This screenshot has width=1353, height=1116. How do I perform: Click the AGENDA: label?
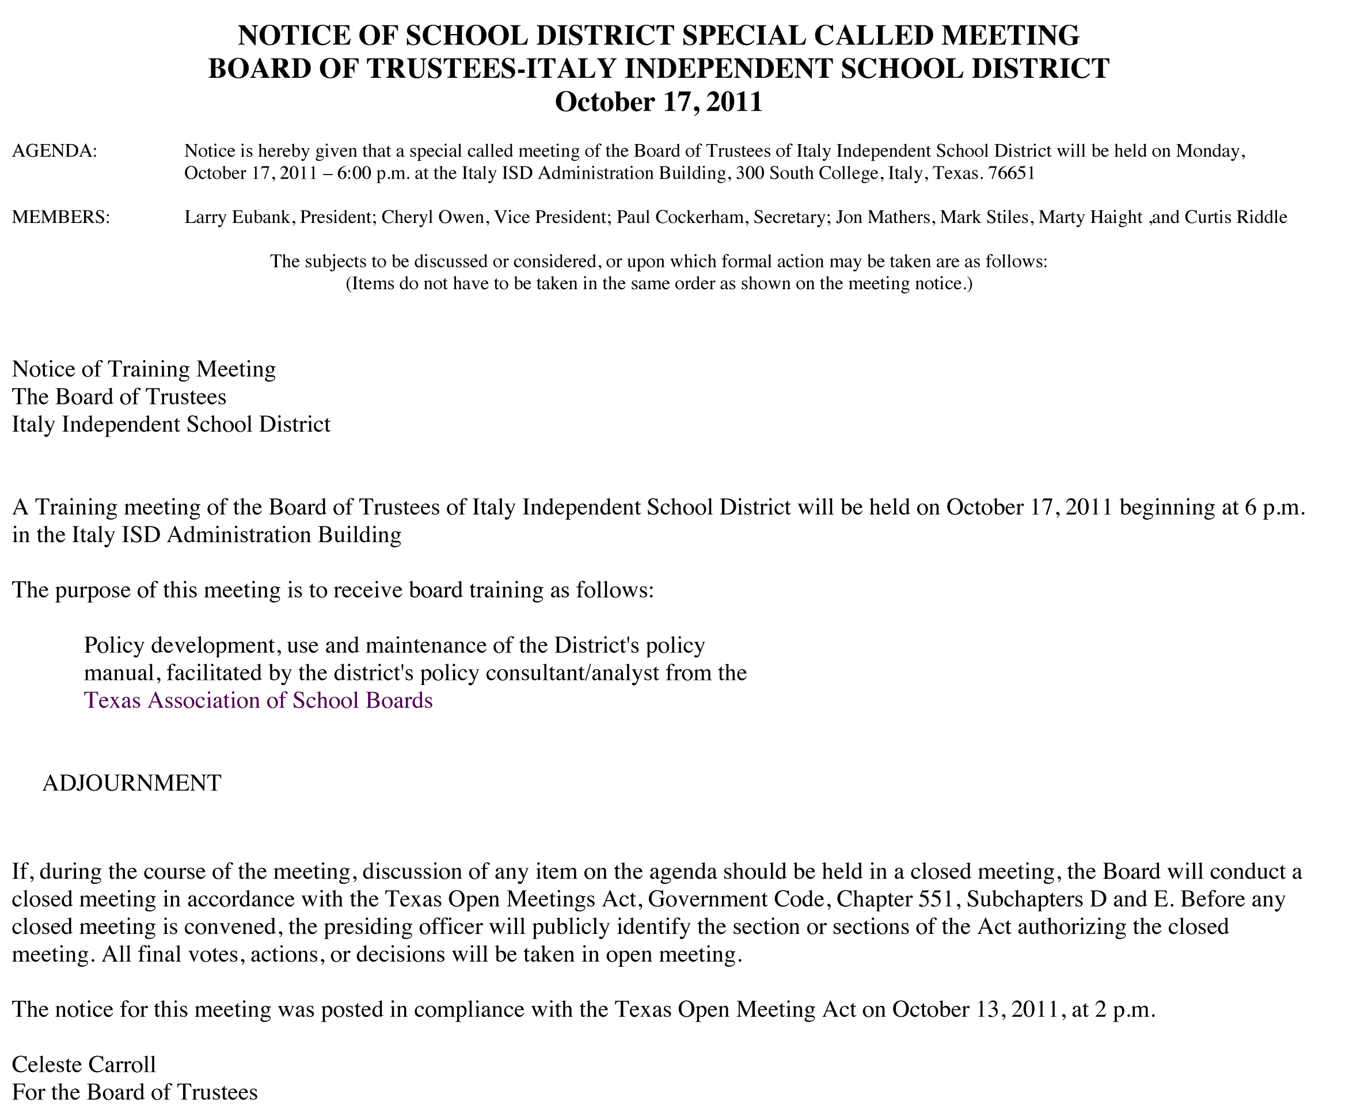55,151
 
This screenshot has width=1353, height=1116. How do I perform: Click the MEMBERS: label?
61,217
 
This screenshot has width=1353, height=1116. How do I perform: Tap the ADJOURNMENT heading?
132,783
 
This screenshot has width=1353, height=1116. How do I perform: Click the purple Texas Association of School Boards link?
259,700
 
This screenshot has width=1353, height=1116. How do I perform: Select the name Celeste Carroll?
84,1065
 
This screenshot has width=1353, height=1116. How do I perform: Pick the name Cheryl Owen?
432,217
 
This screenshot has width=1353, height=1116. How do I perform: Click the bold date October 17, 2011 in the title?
659,102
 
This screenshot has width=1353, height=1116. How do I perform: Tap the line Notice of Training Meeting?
144,369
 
